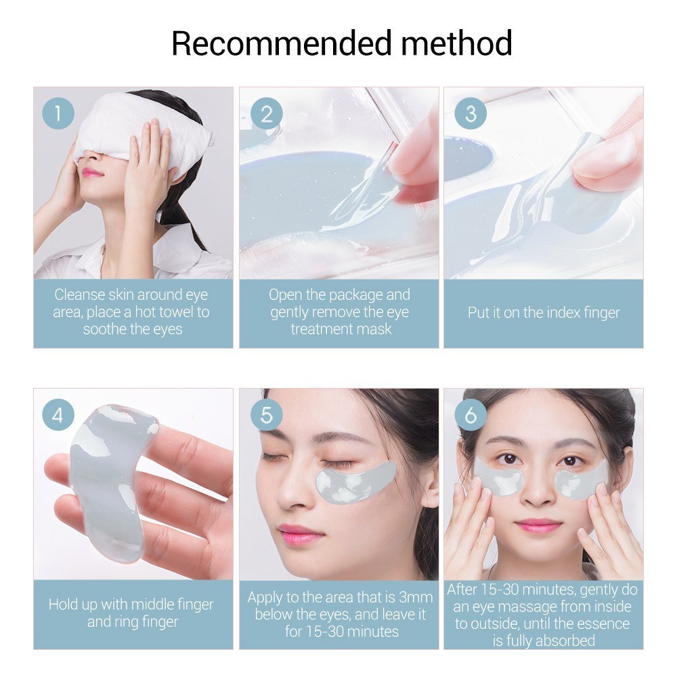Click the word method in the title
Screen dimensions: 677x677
tap(457, 43)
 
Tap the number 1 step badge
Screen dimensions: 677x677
tap(58, 114)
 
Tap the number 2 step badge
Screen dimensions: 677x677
tap(266, 114)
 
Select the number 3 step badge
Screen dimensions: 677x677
tap(471, 114)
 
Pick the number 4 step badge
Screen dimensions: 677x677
tap(58, 415)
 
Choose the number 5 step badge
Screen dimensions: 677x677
tap(266, 415)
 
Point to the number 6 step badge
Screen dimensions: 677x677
tap(471, 415)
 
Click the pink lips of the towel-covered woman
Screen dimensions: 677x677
tap(93, 173)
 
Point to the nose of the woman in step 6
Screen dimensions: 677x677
tap(538, 488)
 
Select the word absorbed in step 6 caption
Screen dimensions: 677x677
tap(565, 640)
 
